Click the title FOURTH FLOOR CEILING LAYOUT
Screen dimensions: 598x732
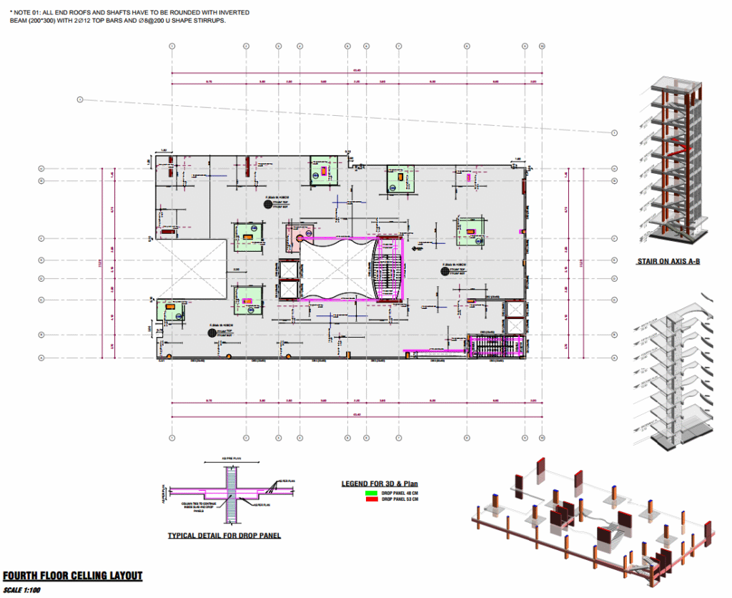(72, 576)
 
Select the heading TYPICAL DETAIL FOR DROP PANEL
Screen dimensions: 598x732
(224, 535)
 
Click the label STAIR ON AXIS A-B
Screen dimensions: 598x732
(668, 262)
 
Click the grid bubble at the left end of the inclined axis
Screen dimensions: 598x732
(80, 99)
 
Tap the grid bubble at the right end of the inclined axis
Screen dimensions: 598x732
(614, 133)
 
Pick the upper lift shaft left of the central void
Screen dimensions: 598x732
(289, 269)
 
